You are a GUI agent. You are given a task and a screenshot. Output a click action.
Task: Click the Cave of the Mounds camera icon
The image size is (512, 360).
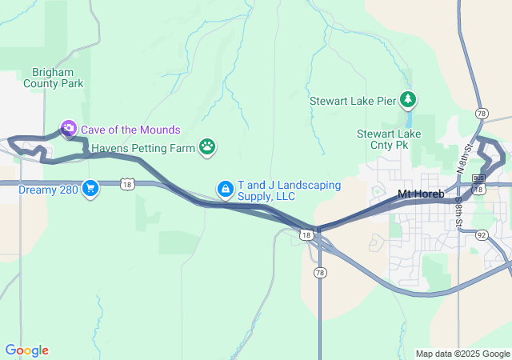[x=69, y=129]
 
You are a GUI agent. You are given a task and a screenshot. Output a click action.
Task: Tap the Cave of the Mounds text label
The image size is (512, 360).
[x=130, y=130]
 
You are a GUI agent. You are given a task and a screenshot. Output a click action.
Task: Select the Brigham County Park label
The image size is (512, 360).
[x=53, y=77]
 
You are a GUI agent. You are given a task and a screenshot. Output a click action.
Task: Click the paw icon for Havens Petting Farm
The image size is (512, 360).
[x=207, y=146]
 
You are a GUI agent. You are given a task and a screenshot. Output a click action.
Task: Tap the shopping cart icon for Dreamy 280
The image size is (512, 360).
[x=90, y=189]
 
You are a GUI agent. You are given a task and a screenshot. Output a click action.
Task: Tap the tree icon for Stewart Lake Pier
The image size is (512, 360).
[x=409, y=99]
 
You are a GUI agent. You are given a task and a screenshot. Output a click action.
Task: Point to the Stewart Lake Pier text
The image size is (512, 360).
[x=353, y=101]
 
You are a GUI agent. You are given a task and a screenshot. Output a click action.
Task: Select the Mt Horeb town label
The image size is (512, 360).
[x=421, y=194]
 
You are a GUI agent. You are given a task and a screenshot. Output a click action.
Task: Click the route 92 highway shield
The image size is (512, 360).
[x=481, y=235]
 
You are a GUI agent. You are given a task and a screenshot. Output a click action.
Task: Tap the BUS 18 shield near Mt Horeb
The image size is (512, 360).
[x=479, y=178]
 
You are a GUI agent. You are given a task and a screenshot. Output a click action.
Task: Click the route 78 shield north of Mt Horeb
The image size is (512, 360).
[x=481, y=113]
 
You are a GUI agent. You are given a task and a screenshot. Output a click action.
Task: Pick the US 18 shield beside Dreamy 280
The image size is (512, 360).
[x=128, y=184]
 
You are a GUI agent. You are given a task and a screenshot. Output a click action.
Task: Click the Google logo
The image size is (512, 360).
[x=26, y=350]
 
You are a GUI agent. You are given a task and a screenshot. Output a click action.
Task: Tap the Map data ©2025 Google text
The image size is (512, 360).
[x=462, y=354]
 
